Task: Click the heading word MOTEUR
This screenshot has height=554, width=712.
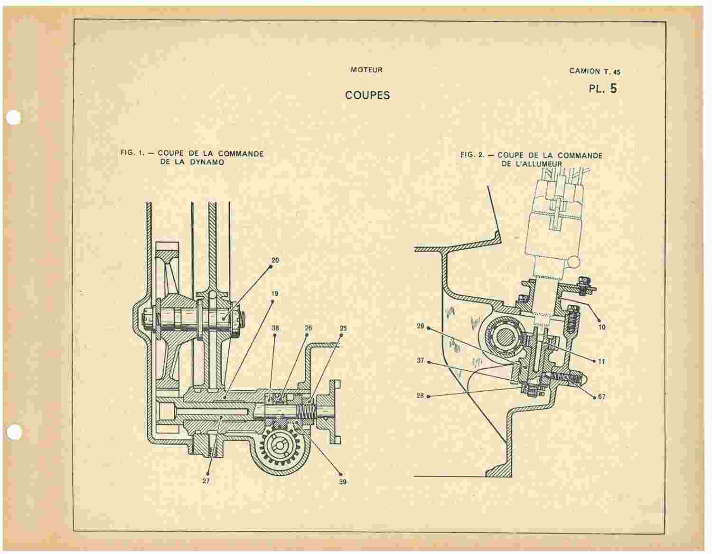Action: tap(366, 70)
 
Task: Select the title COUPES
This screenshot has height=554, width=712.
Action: tap(367, 95)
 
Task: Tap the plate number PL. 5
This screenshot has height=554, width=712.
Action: tap(602, 88)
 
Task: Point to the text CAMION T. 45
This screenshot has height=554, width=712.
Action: tap(595, 71)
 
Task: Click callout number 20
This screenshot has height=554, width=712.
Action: tap(275, 260)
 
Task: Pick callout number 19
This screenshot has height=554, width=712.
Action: tap(275, 293)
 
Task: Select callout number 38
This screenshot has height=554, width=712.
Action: tap(275, 328)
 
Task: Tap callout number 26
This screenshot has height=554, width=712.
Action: tap(309, 328)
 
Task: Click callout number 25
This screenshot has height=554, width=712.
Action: tap(343, 329)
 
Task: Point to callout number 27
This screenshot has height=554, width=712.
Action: tap(206, 481)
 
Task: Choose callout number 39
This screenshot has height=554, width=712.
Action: tap(343, 482)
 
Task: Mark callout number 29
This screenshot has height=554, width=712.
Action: tap(421, 326)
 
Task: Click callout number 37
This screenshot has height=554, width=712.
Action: tap(421, 360)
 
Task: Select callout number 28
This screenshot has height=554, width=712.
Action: tap(420, 395)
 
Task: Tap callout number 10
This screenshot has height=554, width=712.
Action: tap(602, 327)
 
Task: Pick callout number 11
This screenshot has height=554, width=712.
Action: tap(601, 361)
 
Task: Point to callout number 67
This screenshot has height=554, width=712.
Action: tap(601, 396)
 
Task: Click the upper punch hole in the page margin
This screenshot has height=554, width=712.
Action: tap(13, 118)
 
